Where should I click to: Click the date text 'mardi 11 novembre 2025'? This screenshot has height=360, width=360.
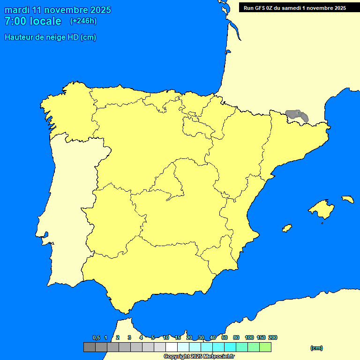point(58,10)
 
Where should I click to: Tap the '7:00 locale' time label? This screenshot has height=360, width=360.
point(33,21)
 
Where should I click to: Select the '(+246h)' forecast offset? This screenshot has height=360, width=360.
point(83,21)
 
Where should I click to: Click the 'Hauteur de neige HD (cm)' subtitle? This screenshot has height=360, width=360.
point(50,37)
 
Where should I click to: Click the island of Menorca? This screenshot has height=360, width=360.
point(347,199)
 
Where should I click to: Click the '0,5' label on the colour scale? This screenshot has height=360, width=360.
point(96,338)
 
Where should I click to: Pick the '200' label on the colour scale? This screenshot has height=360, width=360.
point(272,338)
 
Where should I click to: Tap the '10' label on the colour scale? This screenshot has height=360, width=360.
point(166,338)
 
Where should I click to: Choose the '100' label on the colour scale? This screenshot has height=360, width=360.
point(249,338)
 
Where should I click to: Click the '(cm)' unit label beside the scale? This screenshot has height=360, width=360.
point(316,348)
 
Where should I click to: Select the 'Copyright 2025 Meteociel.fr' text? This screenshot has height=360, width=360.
point(199,356)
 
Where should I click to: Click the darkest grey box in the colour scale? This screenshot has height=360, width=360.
point(90,347)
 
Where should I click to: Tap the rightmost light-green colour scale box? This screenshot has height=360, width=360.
point(265,347)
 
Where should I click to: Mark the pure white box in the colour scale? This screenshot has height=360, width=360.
point(172,347)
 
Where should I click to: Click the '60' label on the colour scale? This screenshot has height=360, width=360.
point(225,338)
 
